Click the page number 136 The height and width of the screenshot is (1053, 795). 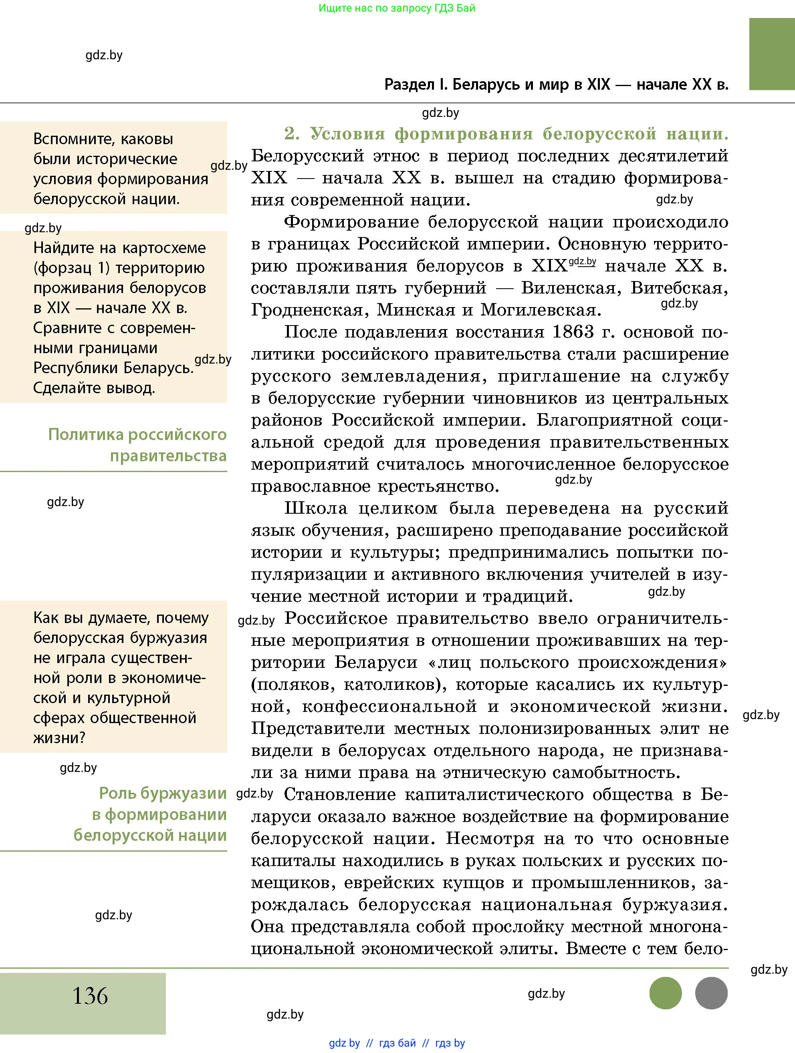point(90,995)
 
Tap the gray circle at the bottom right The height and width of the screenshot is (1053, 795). point(711,993)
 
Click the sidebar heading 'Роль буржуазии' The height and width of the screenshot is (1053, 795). point(162,793)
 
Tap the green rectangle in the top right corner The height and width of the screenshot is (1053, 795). point(772,54)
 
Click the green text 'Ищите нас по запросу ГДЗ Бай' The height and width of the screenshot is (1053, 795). point(397,8)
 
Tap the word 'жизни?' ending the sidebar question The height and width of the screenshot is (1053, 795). point(59,738)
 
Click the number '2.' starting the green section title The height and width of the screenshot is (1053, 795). point(292,134)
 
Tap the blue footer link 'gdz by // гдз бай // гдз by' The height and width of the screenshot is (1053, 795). point(397,1043)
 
